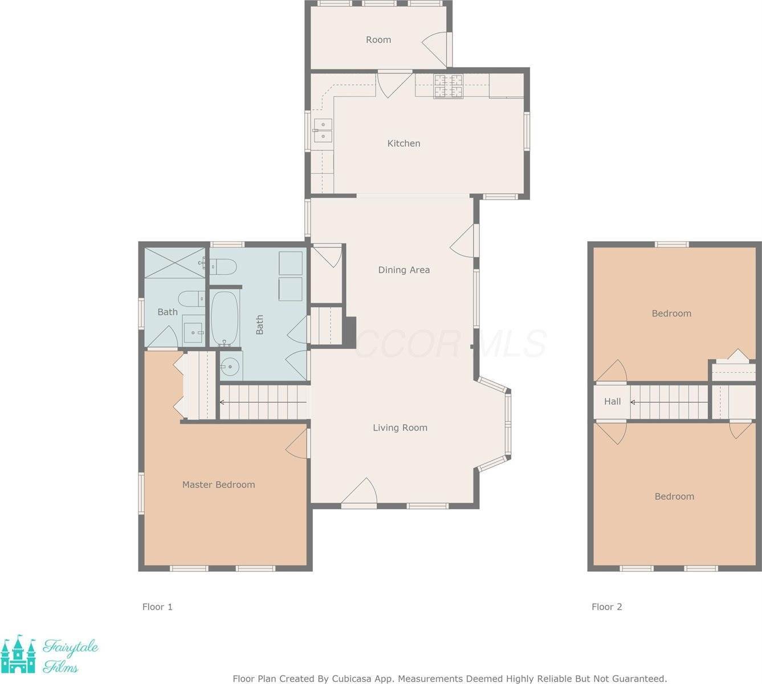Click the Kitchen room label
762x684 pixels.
click(x=404, y=144)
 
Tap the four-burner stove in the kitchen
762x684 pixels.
click(x=449, y=87)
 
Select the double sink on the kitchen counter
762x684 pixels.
click(x=322, y=131)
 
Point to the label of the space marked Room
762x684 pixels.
click(x=378, y=40)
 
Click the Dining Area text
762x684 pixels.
click(x=404, y=270)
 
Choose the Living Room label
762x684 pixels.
click(x=400, y=428)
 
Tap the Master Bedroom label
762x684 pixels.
click(x=218, y=485)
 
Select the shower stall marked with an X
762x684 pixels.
click(x=174, y=263)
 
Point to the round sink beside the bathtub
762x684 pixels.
click(x=231, y=367)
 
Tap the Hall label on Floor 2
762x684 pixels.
click(x=612, y=402)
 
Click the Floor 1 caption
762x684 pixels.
click(x=157, y=607)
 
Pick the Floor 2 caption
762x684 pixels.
click(x=606, y=607)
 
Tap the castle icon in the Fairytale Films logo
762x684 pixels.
click(x=18, y=654)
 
